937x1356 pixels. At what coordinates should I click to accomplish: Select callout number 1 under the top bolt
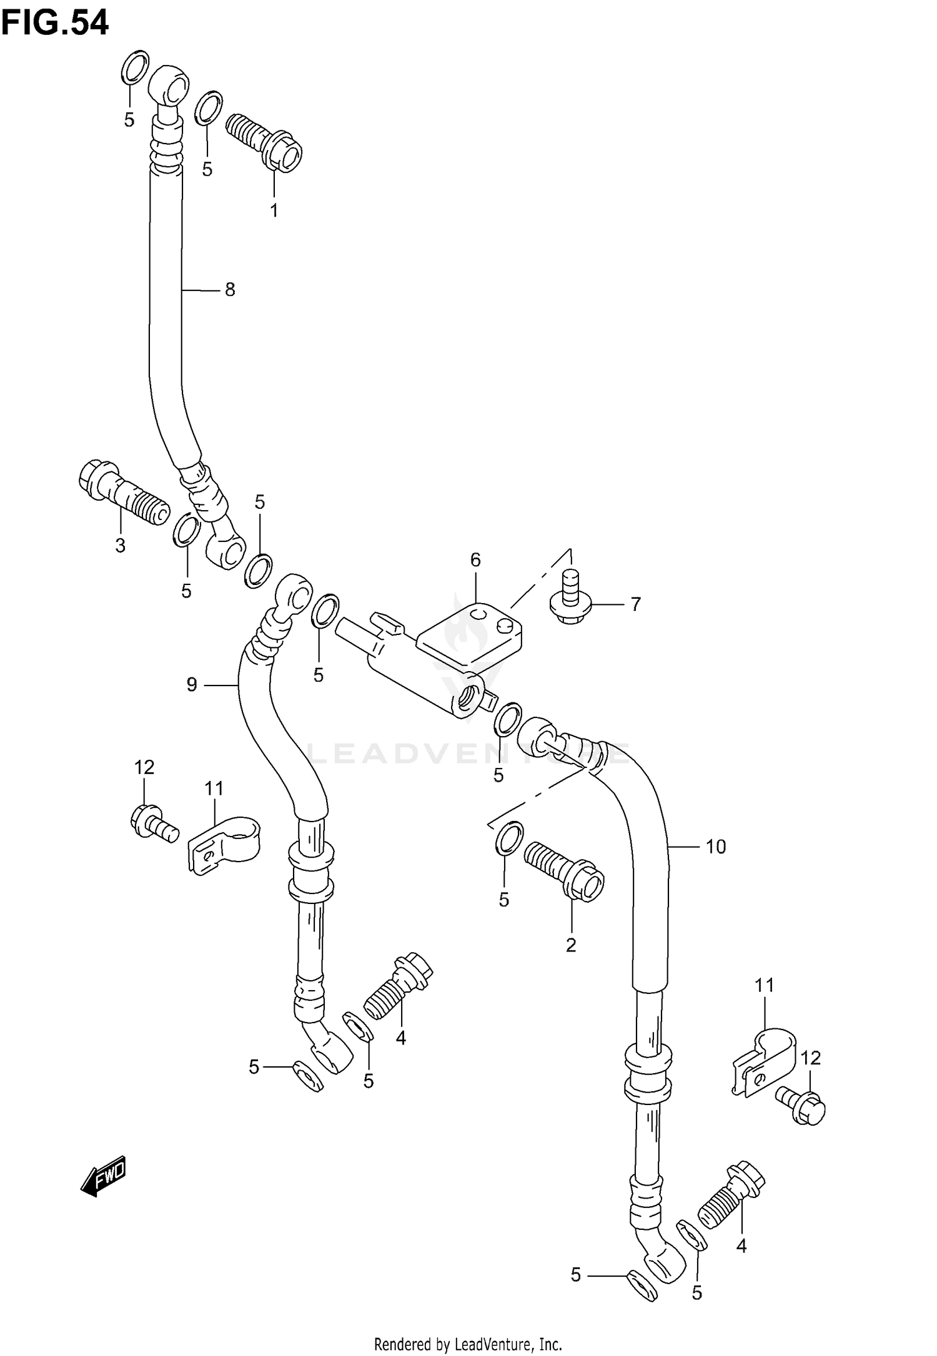coord(274,210)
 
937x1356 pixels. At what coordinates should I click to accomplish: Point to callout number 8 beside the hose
coord(230,290)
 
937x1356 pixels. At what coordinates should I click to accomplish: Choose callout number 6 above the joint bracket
coord(475,560)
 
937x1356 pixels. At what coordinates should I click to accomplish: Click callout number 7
coord(635,604)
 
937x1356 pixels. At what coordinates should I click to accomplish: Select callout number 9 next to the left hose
coord(192,685)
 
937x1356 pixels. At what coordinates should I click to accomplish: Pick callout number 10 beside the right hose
coord(716,847)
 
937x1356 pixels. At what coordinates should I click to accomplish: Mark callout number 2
coord(571,945)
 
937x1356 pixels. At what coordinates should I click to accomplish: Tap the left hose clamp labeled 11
coord(224,843)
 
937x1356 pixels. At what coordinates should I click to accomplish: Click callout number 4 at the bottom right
coord(741,1246)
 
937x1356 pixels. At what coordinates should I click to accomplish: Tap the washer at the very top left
coord(135,67)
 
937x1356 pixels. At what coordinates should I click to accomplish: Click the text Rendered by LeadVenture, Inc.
coord(468,1344)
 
